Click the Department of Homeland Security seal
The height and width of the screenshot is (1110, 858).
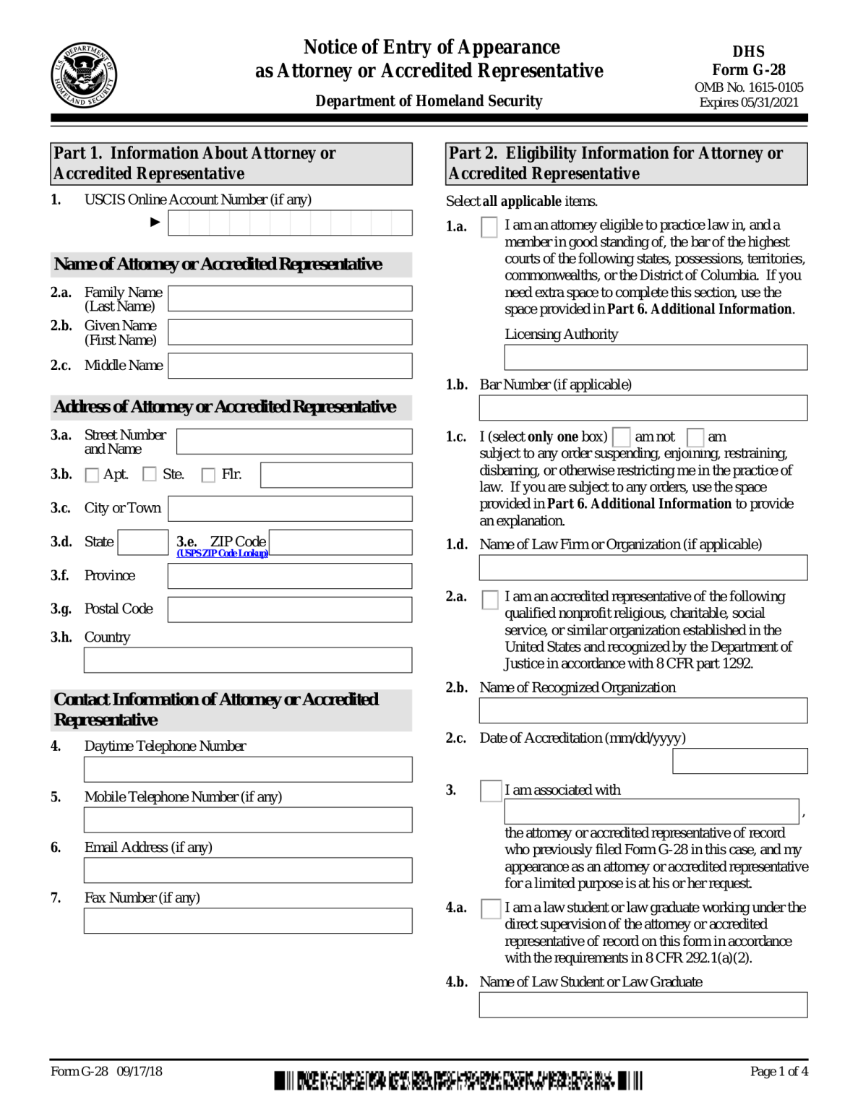[x=83, y=74]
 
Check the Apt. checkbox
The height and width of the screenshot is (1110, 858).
[x=92, y=475]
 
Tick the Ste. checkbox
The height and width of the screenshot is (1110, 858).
[x=150, y=474]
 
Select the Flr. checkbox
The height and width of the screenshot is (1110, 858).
[x=208, y=475]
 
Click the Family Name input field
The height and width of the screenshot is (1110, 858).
[x=290, y=298]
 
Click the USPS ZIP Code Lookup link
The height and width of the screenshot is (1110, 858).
[x=222, y=554]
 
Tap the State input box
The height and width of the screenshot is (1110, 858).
[x=142, y=542]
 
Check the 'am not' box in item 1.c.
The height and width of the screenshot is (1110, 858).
[x=621, y=436]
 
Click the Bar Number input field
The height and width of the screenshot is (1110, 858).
[x=643, y=408]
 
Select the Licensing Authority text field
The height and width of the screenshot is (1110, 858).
[x=655, y=357]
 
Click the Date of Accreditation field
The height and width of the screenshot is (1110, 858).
[x=739, y=761]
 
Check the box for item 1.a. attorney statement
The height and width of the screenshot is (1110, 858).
[x=489, y=227]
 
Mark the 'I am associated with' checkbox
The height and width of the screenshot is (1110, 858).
[x=491, y=791]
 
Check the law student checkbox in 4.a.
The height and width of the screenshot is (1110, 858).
[x=491, y=908]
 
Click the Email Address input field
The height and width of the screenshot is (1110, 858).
[x=248, y=870]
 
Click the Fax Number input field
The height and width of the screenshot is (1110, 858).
[x=248, y=921]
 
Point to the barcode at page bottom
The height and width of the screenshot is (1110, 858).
[x=458, y=1081]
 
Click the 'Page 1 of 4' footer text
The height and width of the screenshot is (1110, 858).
[x=778, y=1071]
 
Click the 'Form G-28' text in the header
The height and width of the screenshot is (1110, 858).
[x=748, y=70]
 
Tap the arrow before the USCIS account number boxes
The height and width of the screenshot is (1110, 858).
[x=155, y=222]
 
